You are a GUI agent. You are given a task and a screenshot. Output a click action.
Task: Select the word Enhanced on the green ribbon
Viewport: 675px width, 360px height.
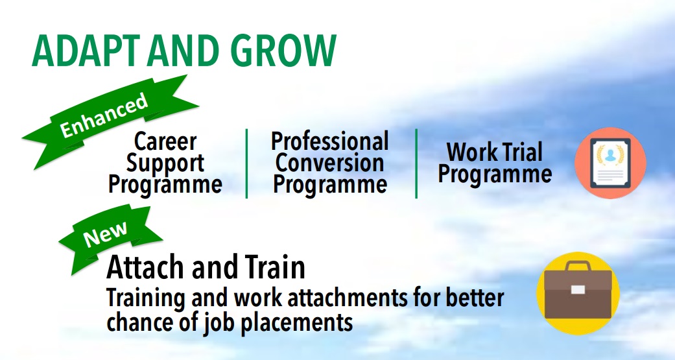coord(104,115)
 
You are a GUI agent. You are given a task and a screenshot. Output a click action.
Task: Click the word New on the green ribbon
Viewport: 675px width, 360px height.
coord(105,234)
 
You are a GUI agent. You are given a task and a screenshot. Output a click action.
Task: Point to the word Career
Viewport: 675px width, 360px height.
coord(165,141)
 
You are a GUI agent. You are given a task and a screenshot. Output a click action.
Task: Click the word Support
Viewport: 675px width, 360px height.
coord(165,163)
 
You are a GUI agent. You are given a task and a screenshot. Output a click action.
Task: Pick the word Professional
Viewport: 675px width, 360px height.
coord(330,141)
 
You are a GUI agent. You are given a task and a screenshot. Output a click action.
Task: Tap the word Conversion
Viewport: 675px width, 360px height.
coord(330,163)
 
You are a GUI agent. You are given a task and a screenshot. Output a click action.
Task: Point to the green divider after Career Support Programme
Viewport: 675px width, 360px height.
coord(246,163)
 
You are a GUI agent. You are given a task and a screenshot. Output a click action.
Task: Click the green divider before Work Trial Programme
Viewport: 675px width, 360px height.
coord(416,163)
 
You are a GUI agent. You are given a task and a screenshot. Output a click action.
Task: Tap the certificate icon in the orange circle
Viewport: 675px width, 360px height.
coord(610,163)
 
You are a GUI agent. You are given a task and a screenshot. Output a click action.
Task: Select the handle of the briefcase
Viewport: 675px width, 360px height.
coord(578,266)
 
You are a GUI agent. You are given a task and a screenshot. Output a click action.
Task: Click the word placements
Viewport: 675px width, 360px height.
coord(296,322)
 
